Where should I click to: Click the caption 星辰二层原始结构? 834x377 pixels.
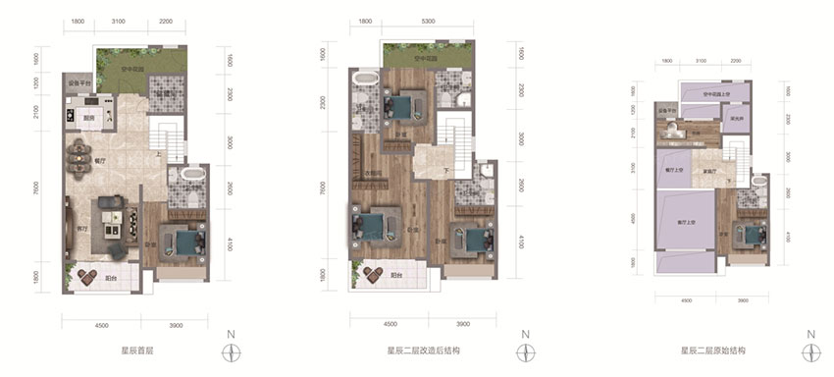pyautogui.click(x=709, y=349)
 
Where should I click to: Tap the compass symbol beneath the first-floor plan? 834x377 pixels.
pyautogui.click(x=232, y=350)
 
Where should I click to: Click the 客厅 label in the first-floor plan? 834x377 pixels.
pyautogui.click(x=82, y=228)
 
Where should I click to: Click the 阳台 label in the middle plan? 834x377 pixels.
pyautogui.click(x=395, y=276)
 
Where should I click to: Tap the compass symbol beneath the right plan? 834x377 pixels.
pyautogui.click(x=810, y=350)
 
